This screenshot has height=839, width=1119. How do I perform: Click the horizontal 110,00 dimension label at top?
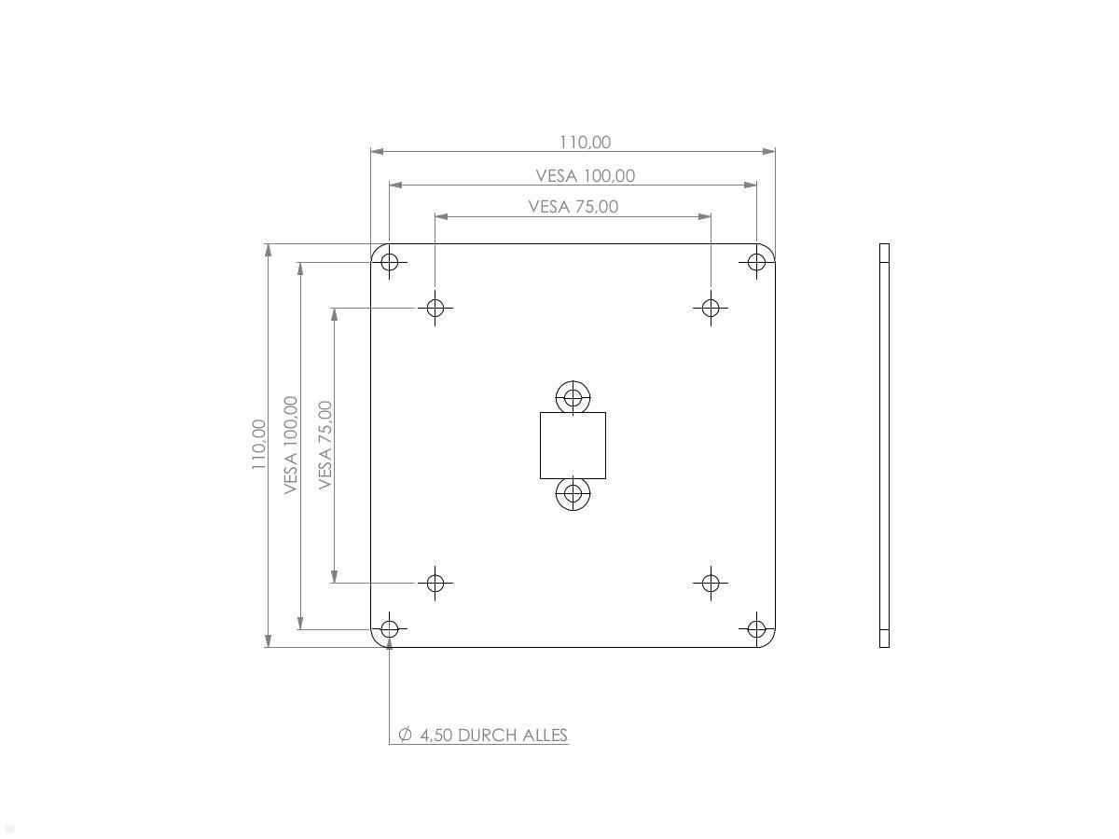point(585,142)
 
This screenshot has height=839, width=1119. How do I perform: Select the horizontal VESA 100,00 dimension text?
point(585,175)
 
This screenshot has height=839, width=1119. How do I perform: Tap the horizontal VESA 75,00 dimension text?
point(573,206)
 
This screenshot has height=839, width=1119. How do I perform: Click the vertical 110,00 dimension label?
point(258,445)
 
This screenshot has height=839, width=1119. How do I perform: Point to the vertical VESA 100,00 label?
point(291,445)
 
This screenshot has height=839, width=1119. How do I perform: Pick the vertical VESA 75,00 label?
point(325,445)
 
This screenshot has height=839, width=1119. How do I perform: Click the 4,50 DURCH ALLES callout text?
point(493,735)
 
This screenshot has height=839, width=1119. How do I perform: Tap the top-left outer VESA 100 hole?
point(390,262)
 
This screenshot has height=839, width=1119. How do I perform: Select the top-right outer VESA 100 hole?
point(756,262)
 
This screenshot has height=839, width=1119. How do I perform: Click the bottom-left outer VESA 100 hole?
point(390,629)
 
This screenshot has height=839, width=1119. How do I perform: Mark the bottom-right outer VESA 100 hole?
point(756,629)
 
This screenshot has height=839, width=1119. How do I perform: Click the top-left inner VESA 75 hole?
point(435,307)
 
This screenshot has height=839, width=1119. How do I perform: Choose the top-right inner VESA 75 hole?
point(711,307)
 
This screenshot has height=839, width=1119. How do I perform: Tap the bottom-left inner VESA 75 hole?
point(435,583)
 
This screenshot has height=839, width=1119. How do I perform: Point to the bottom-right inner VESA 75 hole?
point(711,583)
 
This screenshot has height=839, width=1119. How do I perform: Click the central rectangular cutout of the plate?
point(573,446)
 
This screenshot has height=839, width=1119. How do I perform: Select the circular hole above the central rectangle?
point(573,397)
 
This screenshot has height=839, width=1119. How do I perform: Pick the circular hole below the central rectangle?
point(573,493)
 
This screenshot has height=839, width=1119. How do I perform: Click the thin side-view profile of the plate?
point(884,445)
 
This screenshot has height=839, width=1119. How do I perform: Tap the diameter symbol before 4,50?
point(405,735)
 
